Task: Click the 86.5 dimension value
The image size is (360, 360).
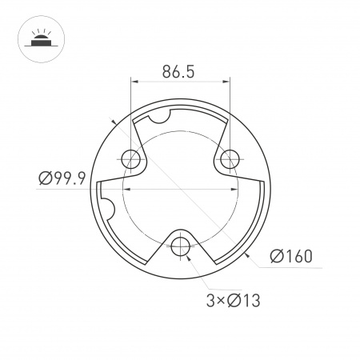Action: click(179, 72)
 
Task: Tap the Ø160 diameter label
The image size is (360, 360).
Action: click(290, 257)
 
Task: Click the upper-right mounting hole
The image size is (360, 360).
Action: click(230, 158)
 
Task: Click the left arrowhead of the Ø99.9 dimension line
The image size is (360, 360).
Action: click(125, 188)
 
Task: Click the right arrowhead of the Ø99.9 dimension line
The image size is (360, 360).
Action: click(237, 188)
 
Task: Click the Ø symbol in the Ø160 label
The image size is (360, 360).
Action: click(275, 257)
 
